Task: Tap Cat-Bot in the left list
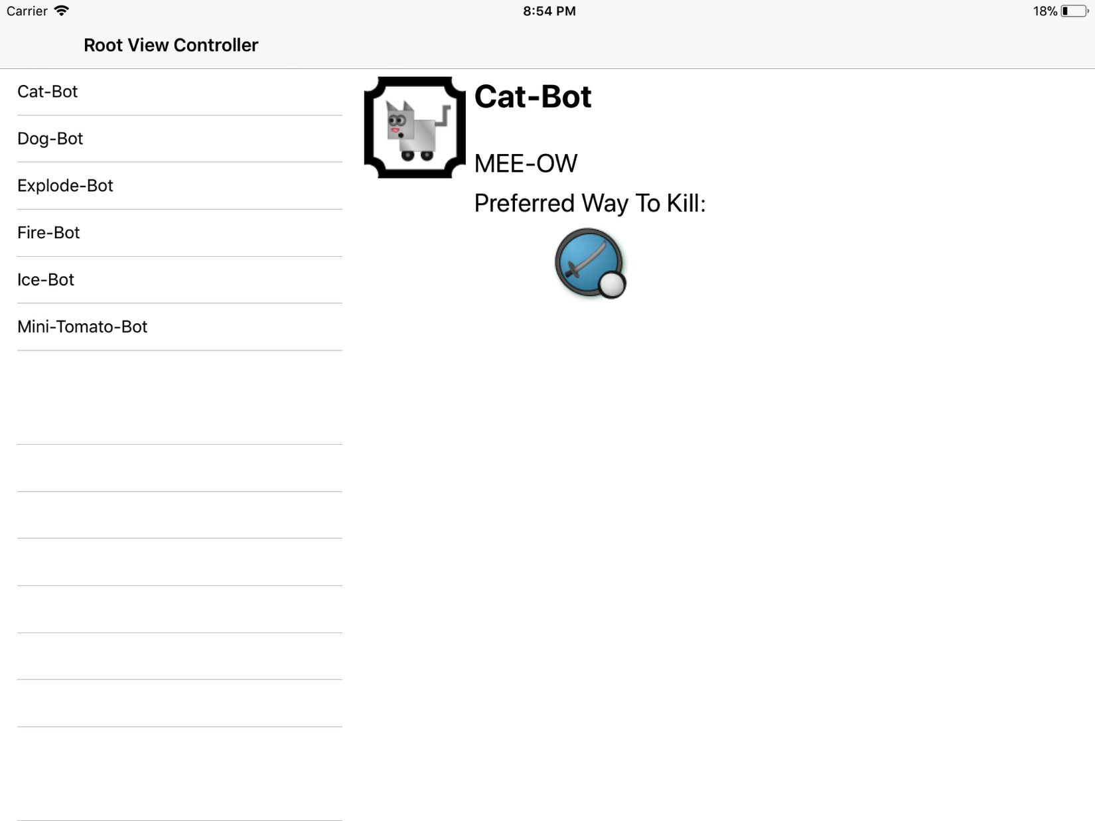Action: click(47, 92)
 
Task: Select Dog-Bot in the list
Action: click(50, 139)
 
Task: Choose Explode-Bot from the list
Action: click(65, 186)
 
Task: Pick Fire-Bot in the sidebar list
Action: click(48, 233)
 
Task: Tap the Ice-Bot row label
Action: click(45, 280)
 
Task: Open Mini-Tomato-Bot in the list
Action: click(82, 327)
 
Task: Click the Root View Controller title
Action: click(171, 45)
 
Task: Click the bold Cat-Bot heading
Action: click(533, 96)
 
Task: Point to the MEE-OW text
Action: click(526, 163)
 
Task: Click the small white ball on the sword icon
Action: click(612, 285)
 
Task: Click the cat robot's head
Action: click(401, 120)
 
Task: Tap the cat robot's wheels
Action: click(417, 155)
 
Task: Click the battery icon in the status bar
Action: click(1074, 11)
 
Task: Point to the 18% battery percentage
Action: click(1045, 11)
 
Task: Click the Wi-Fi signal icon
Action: click(61, 11)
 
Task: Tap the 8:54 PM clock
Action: click(549, 11)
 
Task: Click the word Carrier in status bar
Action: click(27, 11)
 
